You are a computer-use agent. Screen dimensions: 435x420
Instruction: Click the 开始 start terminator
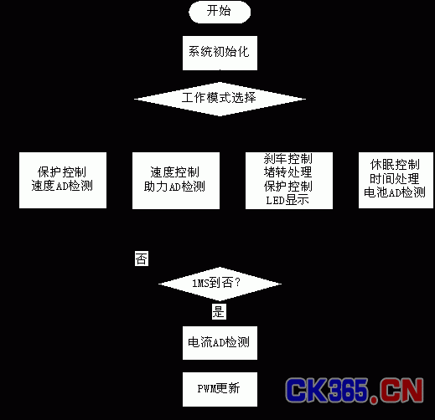[x=220, y=12]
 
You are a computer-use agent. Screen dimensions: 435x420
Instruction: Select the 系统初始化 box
[x=220, y=53]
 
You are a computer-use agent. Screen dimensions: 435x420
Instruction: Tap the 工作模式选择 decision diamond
[x=220, y=99]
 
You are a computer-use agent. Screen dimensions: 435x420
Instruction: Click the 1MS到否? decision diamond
[x=220, y=284]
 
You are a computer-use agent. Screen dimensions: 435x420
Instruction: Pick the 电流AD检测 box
[x=220, y=343]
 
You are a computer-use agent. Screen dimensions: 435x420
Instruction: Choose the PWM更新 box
[x=220, y=389]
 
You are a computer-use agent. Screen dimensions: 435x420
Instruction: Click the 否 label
[x=142, y=259]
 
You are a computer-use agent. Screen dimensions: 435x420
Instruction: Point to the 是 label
[x=219, y=311]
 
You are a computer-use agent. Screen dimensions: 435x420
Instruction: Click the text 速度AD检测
[x=62, y=186]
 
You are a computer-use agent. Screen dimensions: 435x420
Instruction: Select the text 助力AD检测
[x=174, y=187]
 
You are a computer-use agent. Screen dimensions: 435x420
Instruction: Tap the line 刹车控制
[x=288, y=159]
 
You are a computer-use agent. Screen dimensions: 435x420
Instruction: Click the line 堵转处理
[x=288, y=172]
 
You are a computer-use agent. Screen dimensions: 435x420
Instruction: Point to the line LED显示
[x=287, y=200]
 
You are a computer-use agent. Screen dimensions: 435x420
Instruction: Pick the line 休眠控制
[x=395, y=165]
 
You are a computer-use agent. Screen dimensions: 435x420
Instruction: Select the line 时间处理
[x=395, y=179]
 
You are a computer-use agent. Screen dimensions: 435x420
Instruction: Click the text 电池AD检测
[x=395, y=192]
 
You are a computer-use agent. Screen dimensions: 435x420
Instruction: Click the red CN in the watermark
[x=401, y=390]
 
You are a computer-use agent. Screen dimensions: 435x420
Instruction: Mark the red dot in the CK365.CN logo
[x=374, y=399]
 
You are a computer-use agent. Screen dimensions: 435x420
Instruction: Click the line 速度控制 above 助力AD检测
[x=174, y=172]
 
